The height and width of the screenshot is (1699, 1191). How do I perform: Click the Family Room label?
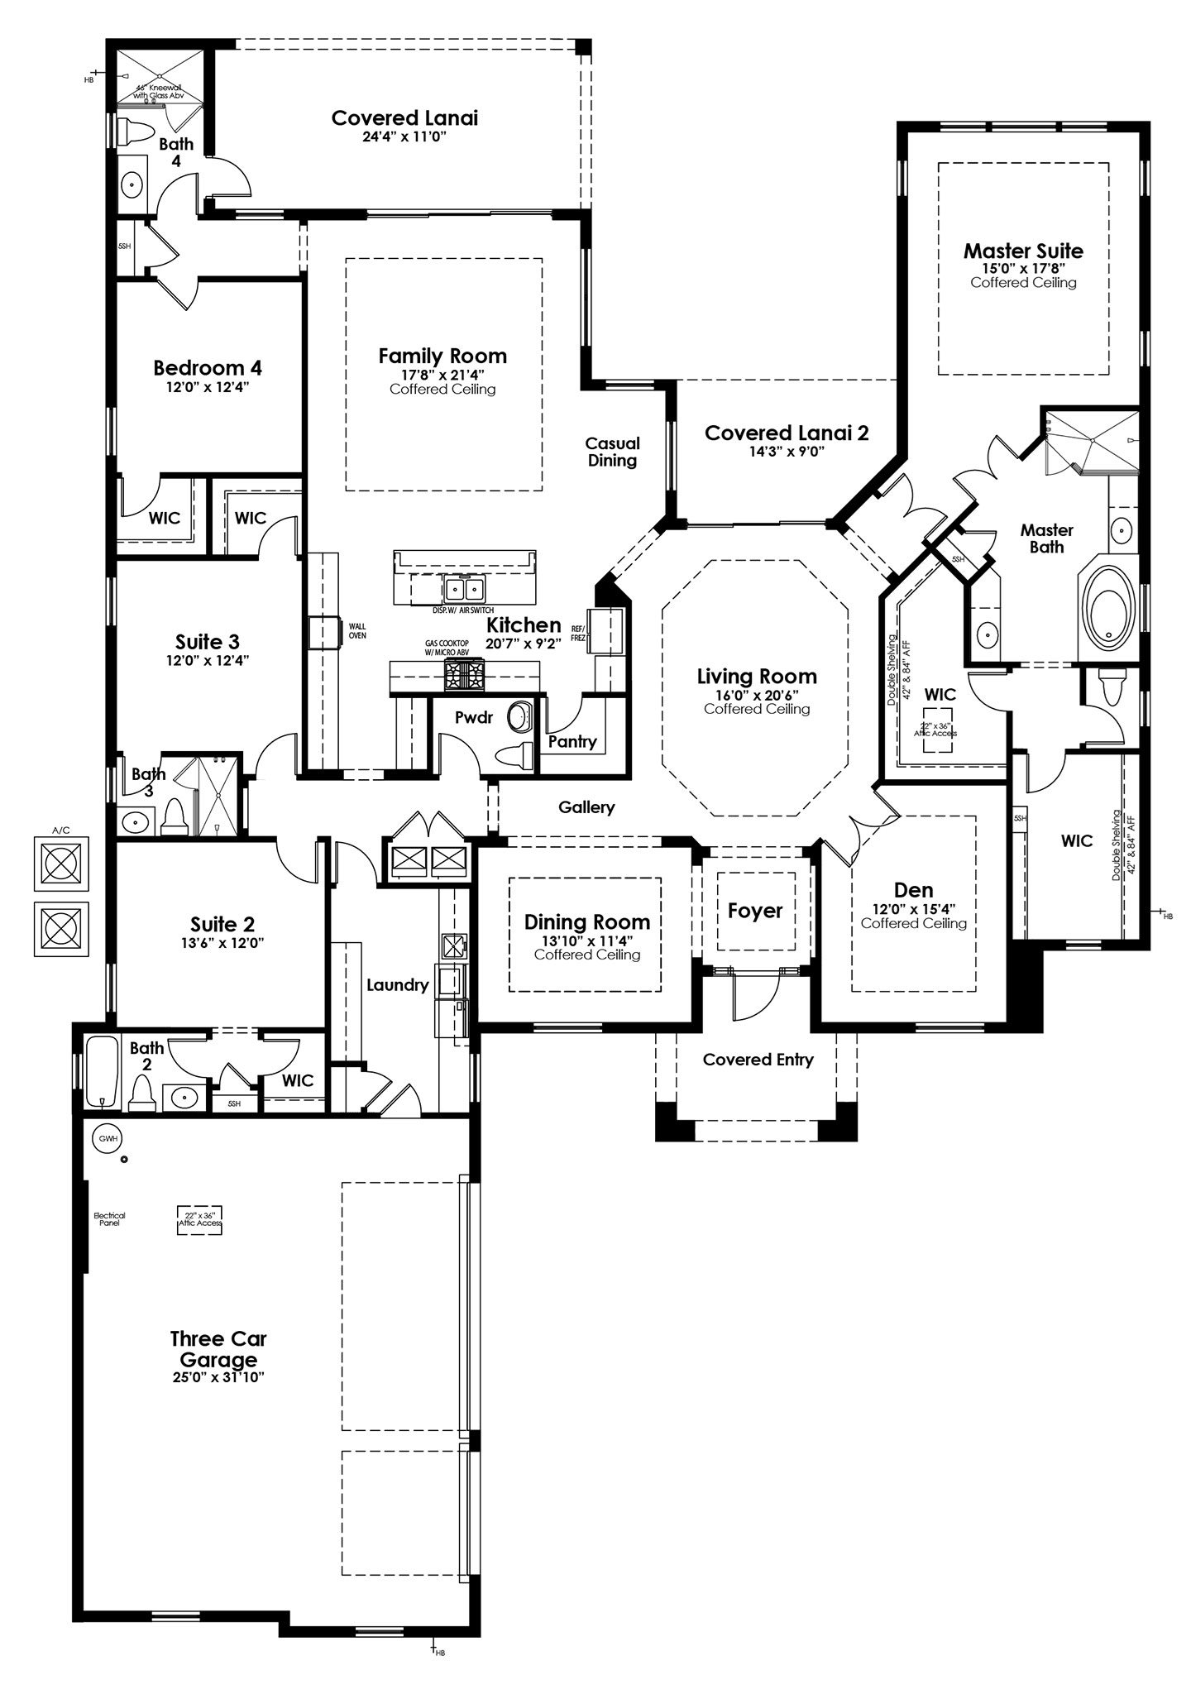point(442,357)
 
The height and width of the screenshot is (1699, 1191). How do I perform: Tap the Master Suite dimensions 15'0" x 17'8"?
point(1023,268)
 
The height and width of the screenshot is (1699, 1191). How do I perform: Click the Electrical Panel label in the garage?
point(109,1219)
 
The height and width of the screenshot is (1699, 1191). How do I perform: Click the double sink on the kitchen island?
point(463,589)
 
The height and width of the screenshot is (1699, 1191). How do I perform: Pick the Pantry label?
point(572,741)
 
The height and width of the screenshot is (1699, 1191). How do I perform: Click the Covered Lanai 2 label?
point(787,433)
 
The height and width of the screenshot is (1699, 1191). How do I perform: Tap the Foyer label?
point(754,911)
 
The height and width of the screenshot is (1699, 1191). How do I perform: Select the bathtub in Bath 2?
point(102,1071)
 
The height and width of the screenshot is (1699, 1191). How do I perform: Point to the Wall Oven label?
point(356,631)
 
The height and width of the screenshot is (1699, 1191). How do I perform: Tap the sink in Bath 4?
point(133,184)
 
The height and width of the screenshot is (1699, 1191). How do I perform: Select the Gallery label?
point(586,806)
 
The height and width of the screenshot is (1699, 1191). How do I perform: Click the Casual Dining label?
point(613,452)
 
